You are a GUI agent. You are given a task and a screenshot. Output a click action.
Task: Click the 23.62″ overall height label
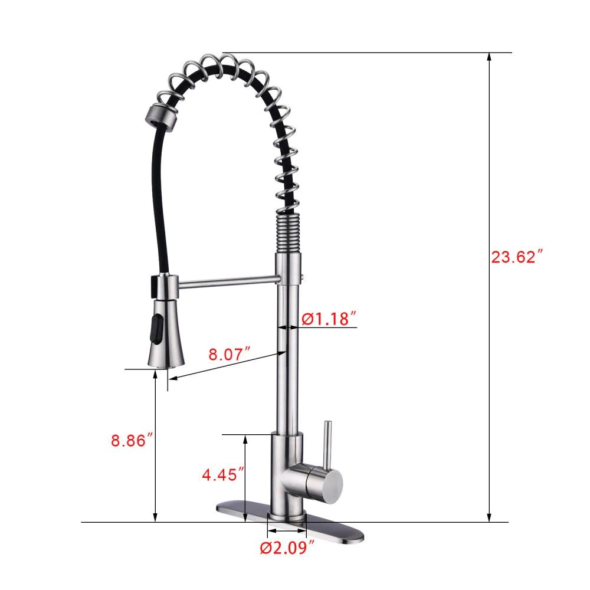tap(516, 257)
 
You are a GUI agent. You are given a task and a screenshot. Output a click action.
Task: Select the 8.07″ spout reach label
tap(230, 355)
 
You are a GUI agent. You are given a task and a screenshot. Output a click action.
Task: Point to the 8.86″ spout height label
tap(133, 440)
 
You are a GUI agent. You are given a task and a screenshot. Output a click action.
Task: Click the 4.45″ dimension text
tap(223, 474)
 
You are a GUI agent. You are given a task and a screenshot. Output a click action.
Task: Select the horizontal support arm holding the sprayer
tap(227, 283)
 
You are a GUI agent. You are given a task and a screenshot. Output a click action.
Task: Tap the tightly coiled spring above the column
tap(289, 233)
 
